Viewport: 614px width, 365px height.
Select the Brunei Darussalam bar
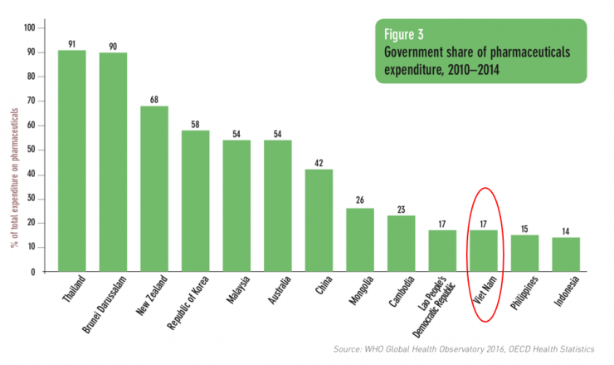(113, 162)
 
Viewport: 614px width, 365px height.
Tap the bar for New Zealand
(154, 189)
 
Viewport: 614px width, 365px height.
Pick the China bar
(319, 220)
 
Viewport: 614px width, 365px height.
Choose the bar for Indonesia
(566, 254)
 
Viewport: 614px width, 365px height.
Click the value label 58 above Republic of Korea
(195, 123)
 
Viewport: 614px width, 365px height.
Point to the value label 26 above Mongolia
(360, 201)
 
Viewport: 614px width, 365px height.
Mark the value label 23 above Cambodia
(401, 209)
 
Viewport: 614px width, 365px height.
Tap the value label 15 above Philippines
(524, 228)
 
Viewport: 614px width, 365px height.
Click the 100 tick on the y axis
(30, 28)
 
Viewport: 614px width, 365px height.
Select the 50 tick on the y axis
(32, 150)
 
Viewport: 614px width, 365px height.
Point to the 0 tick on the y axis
(34, 272)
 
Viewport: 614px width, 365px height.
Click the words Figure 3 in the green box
(404, 35)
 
